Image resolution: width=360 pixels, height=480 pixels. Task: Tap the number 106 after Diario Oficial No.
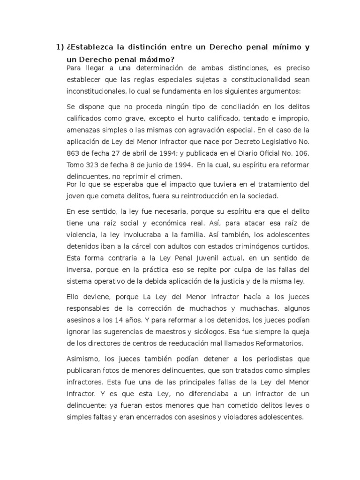click(302, 153)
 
